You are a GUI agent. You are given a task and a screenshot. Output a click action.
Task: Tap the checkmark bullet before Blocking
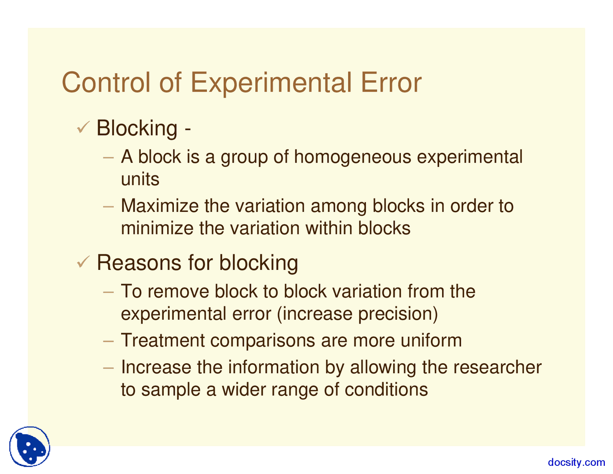point(84,127)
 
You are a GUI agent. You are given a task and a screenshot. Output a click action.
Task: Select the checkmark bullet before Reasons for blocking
point(84,262)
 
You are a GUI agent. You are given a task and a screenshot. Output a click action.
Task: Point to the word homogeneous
point(352,157)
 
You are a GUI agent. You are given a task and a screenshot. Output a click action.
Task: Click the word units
point(140,179)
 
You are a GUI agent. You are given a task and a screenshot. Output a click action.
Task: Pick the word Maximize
point(159,206)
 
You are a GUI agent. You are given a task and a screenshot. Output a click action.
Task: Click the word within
point(329,228)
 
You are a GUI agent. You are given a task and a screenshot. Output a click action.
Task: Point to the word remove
point(178,291)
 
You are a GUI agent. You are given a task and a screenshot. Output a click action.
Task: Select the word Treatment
point(163,340)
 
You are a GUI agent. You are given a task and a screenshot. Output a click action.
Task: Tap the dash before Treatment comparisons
point(109,341)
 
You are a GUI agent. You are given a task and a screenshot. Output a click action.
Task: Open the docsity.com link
point(576,462)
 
